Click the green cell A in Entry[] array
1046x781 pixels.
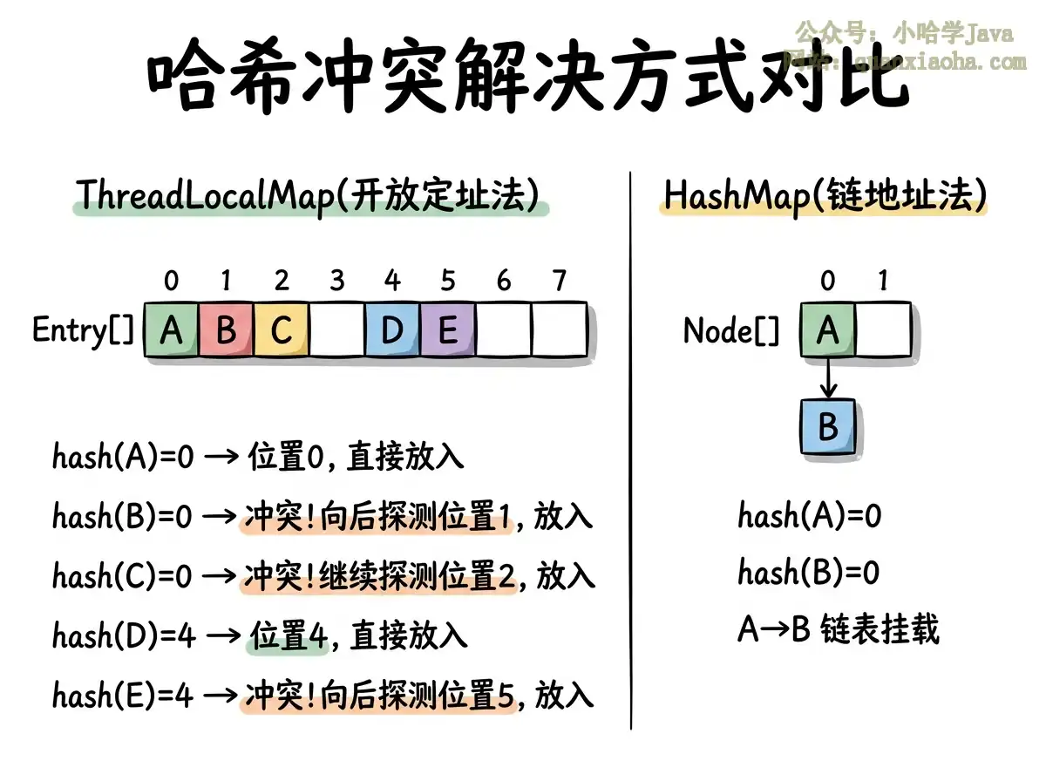coord(172,329)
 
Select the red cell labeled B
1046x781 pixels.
coord(227,329)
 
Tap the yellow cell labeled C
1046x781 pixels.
coord(282,329)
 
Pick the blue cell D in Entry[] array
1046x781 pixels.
coord(392,329)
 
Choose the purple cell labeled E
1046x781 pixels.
coord(448,329)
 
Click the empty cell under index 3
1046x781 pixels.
coord(337,329)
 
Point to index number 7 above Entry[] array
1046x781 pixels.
coord(559,281)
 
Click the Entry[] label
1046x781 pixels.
coord(84,330)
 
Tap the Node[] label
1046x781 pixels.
coord(731,331)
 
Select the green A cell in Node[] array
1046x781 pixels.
coord(827,329)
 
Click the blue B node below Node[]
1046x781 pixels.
coord(828,427)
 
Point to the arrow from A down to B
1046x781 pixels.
coord(827,377)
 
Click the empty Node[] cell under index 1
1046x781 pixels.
coord(882,329)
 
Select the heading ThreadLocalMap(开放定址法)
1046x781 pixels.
coord(309,195)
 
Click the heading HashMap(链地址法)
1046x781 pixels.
coord(824,195)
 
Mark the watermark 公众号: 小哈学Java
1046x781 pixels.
coord(904,34)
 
